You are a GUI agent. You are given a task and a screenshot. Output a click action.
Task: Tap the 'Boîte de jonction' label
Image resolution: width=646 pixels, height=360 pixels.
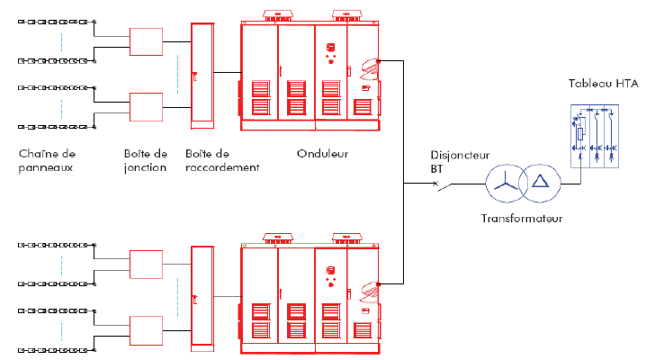point(146,160)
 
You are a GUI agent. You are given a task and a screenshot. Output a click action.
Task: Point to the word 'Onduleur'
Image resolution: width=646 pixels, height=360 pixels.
point(322,154)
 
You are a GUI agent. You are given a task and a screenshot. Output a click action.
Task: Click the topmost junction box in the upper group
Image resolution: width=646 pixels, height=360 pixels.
point(146,41)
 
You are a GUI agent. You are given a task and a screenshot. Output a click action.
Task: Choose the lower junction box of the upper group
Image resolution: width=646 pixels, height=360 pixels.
point(146,106)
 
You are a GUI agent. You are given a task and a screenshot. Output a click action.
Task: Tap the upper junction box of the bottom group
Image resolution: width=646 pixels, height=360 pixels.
point(146,265)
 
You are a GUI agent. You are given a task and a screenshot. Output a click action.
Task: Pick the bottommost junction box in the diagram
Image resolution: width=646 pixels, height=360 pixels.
point(146,329)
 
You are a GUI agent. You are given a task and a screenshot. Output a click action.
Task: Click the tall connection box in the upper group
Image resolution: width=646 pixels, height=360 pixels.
point(202,74)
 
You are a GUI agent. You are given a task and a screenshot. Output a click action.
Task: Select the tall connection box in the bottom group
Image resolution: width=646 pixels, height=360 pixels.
point(202,297)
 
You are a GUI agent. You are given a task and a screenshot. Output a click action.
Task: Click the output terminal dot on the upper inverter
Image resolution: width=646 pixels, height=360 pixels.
point(379,61)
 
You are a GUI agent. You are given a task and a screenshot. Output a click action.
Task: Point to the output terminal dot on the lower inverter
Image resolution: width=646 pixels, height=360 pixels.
point(379,284)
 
